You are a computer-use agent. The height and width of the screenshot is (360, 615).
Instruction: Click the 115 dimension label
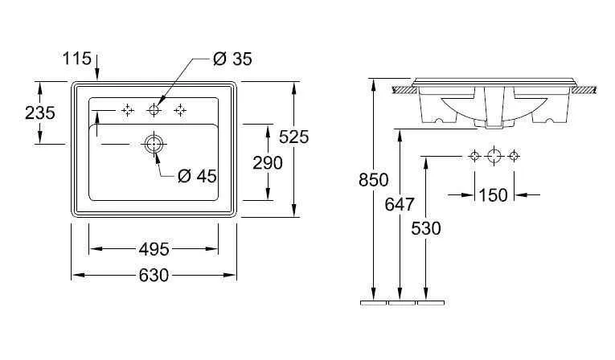point(77,59)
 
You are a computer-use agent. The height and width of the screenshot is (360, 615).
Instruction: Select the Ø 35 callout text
point(232,59)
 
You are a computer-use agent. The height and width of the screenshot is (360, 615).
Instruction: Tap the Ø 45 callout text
point(197,176)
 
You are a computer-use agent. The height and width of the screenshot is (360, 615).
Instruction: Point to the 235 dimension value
point(40,113)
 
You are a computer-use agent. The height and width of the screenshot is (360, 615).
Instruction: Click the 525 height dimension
point(293,137)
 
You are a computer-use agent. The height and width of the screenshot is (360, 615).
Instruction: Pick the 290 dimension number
point(268,163)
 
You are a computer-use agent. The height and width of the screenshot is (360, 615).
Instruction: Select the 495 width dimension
point(154,249)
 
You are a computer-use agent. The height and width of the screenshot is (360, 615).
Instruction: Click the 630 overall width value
point(154,276)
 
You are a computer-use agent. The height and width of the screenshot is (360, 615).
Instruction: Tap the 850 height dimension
point(373,180)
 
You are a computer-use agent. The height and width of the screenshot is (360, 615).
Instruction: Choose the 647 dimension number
point(400,204)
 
